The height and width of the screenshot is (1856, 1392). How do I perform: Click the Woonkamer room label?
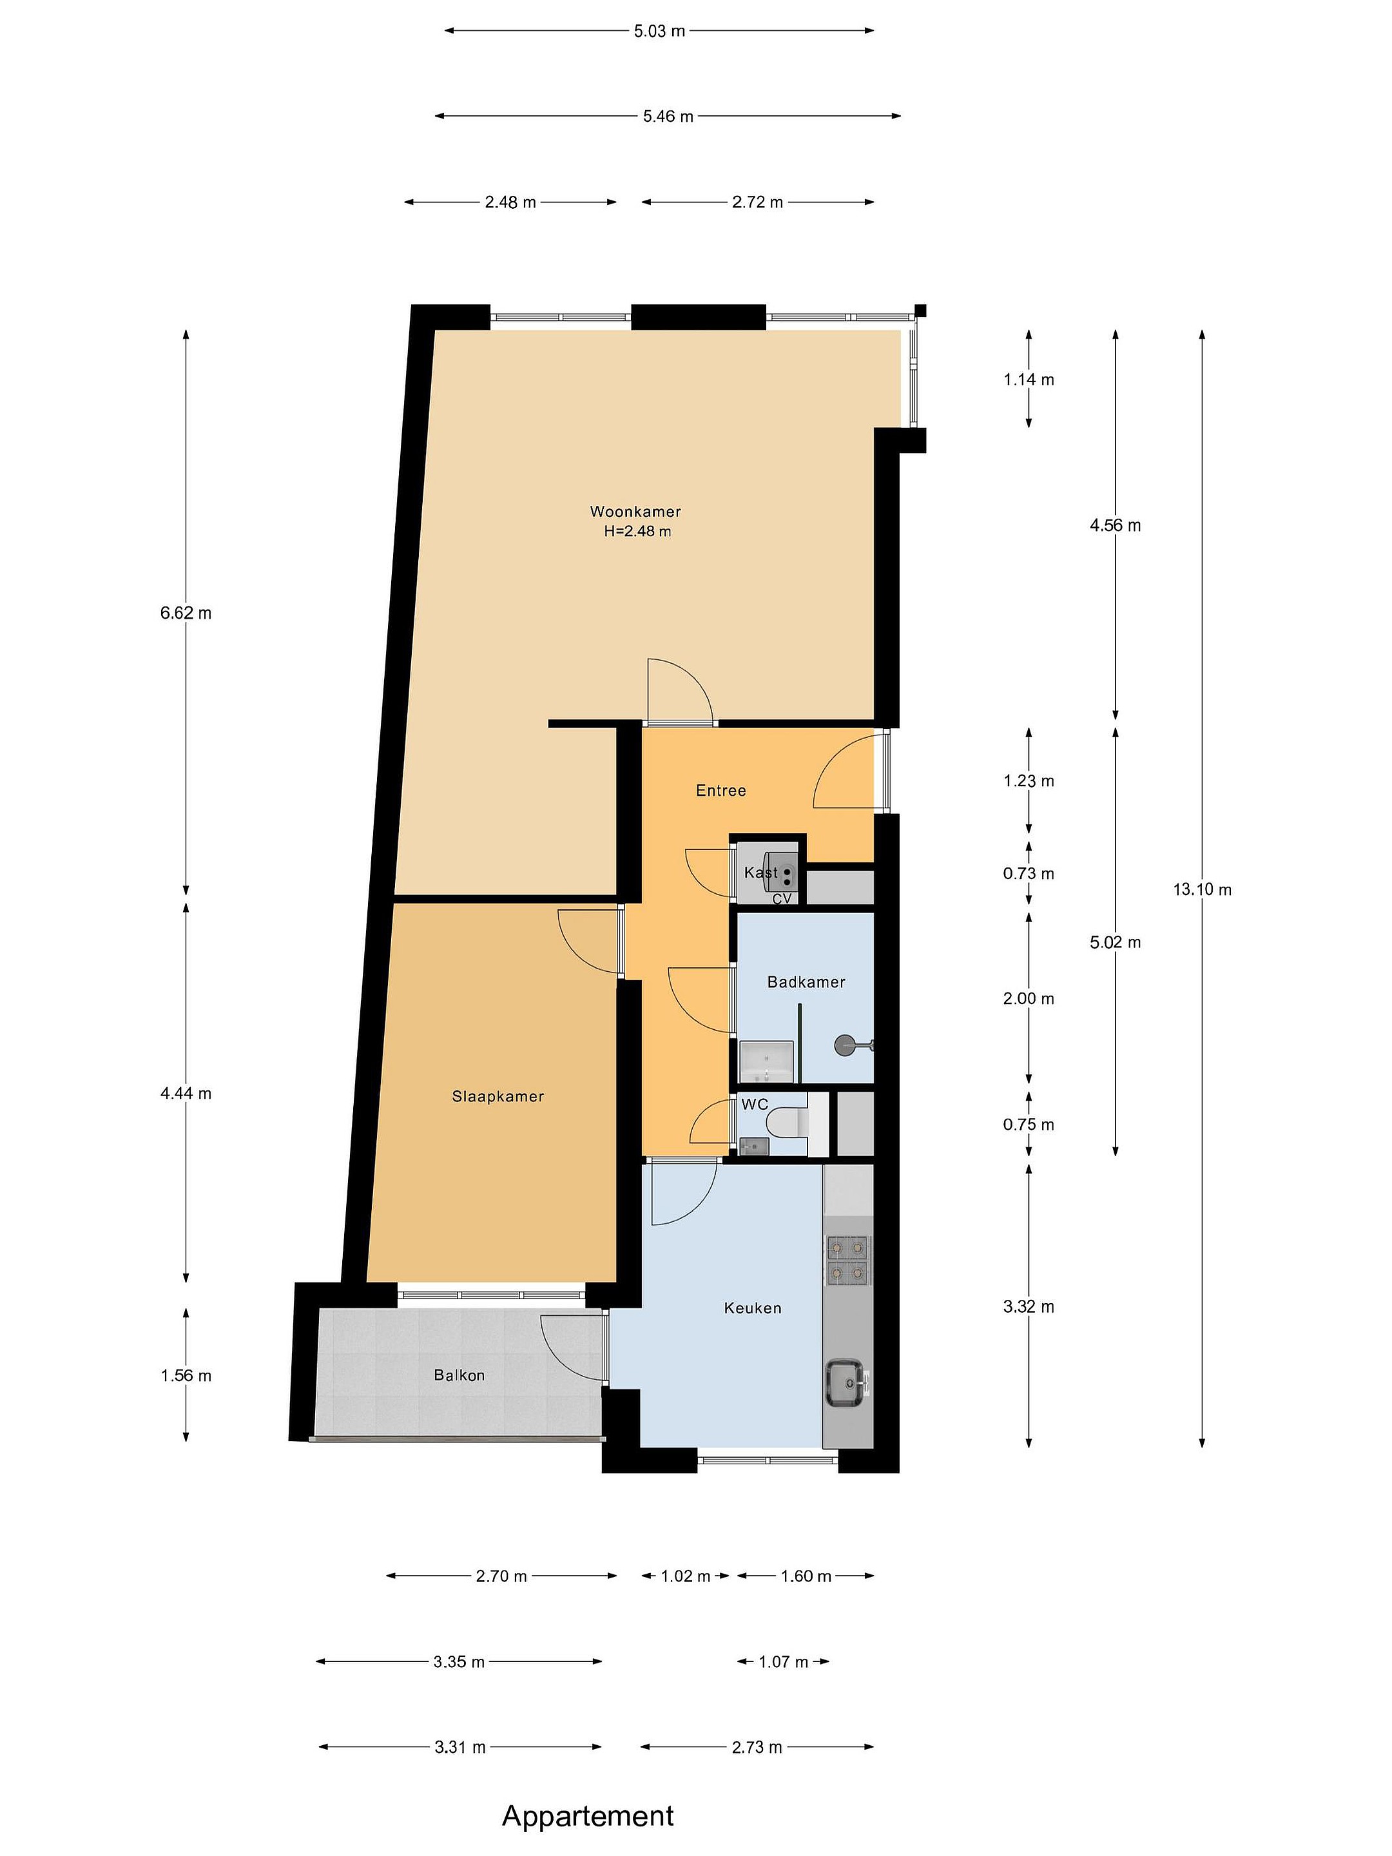[x=635, y=511]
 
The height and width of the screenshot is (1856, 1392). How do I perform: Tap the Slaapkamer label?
[x=498, y=1096]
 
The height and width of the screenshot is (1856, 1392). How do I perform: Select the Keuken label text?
[x=753, y=1307]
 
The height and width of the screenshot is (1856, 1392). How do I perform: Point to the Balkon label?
[x=459, y=1375]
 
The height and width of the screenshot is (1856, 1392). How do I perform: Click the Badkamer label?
[x=806, y=981]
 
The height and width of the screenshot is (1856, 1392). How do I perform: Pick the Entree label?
[x=720, y=789]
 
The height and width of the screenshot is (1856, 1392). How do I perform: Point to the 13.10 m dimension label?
[x=1203, y=889]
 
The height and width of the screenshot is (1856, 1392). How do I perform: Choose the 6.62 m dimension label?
[x=186, y=612]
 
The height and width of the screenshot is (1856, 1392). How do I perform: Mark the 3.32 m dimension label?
[x=1029, y=1306]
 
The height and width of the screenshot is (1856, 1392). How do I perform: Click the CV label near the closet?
[x=782, y=898]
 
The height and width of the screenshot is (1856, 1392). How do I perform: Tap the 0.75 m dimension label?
[x=1029, y=1125]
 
